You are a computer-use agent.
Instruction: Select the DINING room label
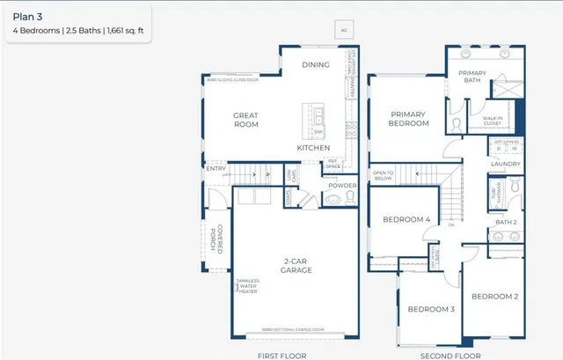point(316,65)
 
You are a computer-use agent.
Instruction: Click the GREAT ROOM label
point(245,120)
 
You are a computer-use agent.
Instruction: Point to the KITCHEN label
point(313,148)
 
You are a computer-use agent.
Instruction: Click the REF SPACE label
point(333,164)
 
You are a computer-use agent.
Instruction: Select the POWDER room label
point(341,186)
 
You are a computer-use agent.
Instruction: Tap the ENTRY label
point(216,167)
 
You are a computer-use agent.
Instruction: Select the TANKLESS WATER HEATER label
point(248,287)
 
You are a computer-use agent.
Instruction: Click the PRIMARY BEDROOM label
point(409,119)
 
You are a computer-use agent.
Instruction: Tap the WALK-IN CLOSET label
point(492,121)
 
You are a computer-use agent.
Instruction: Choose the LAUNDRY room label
point(506,164)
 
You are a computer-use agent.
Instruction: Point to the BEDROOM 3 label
point(430,309)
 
